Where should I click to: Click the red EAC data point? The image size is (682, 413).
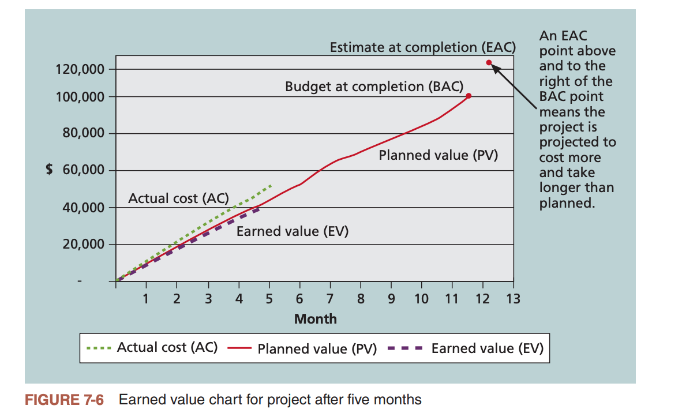tap(489, 62)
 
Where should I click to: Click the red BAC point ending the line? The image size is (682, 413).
tap(469, 96)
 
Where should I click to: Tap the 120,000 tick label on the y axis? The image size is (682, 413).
tap(80, 70)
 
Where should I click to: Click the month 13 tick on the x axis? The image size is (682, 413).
tap(512, 299)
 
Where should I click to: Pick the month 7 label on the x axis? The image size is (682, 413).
tap(330, 299)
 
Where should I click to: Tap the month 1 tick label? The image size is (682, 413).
tap(146, 299)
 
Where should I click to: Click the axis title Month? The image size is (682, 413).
tap(315, 318)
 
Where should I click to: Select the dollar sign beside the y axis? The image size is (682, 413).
tap(50, 171)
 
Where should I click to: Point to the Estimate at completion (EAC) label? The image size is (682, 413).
tap(422, 47)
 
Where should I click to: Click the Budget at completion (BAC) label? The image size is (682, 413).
tap(374, 87)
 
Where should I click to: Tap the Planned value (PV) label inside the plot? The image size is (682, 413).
tap(438, 155)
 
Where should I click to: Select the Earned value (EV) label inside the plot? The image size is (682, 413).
tap(293, 231)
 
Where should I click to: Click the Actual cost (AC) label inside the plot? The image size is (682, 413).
tap(178, 198)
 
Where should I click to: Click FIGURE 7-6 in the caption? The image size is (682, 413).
tap(64, 399)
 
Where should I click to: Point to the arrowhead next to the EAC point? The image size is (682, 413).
tap(496, 68)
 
